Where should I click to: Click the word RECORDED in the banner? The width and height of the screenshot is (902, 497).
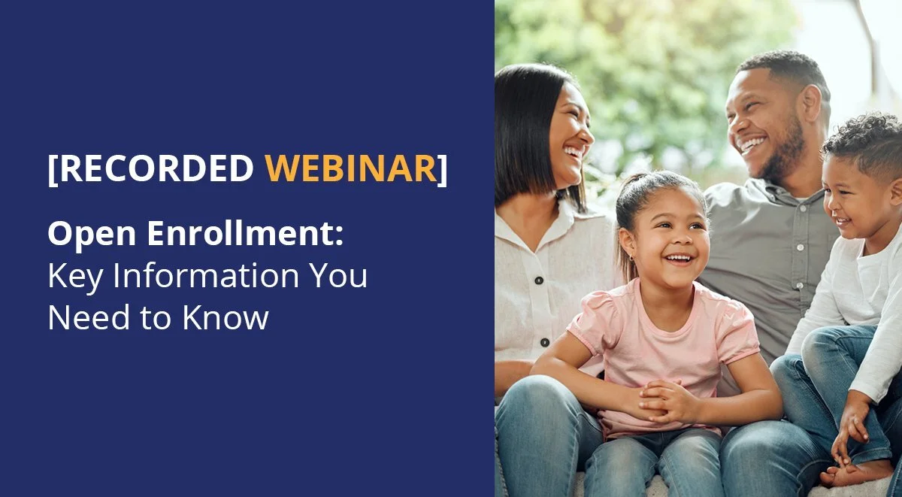coord(156,168)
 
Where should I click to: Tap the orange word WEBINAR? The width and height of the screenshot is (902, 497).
coord(350,168)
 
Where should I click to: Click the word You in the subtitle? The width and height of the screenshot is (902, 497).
coord(338,276)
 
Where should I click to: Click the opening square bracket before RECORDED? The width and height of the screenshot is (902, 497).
coord(52,169)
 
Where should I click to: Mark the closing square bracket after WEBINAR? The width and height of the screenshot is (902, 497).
coord(443,169)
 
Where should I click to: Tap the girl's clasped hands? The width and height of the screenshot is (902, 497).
coord(660,399)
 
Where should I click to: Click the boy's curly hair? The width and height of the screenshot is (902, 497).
coord(864,139)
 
